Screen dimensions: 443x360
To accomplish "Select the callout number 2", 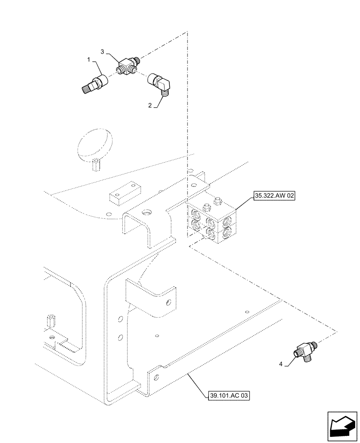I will [x=150, y=106].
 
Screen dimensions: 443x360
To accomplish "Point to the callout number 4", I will [x=280, y=365].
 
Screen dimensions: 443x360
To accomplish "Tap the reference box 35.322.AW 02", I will [x=274, y=194].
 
